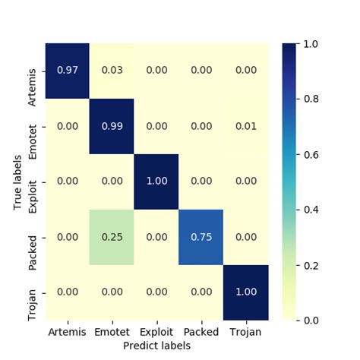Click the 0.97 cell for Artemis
point(68,71)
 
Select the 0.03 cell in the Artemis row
point(112,71)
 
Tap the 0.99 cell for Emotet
point(112,126)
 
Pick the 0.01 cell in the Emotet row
point(245,126)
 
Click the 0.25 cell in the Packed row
point(112,237)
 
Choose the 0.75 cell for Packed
point(201,237)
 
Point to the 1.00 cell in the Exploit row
point(156,182)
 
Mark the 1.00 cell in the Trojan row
point(245,292)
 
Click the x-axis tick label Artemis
point(68,332)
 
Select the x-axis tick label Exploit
point(156,332)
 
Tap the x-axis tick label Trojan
point(245,332)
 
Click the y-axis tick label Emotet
point(33,126)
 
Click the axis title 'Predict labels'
point(156,346)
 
